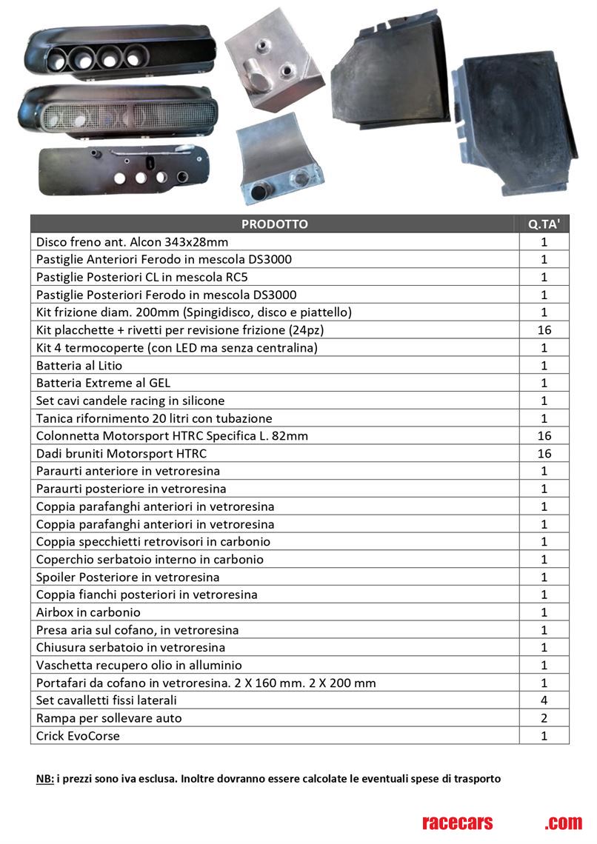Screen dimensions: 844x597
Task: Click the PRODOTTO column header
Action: pyautogui.click(x=274, y=224)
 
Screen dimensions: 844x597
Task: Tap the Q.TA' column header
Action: pyautogui.click(x=544, y=224)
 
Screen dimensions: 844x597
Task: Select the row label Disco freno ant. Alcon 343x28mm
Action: pyautogui.click(x=133, y=242)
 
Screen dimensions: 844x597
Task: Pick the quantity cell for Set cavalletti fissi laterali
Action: pyautogui.click(x=544, y=700)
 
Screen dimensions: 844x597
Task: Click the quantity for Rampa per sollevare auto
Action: pyautogui.click(x=544, y=718)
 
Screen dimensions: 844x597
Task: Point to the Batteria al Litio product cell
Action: pyautogui.click(x=79, y=366)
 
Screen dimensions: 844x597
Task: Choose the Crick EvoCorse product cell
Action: pyautogui.click(x=78, y=736)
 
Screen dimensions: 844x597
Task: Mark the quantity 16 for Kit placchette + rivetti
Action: pyautogui.click(x=544, y=330)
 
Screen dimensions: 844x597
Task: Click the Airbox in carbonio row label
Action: pyautogui.click(x=88, y=612)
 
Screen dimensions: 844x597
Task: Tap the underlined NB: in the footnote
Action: pyautogui.click(x=45, y=779)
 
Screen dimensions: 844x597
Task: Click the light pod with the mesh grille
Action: pyautogui.click(x=119, y=113)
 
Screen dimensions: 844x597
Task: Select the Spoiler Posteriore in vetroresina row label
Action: pyautogui.click(x=128, y=577)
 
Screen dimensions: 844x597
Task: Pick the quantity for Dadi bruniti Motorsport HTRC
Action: pyautogui.click(x=544, y=454)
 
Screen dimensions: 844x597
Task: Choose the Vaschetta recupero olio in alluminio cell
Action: pyautogui.click(x=139, y=665)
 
